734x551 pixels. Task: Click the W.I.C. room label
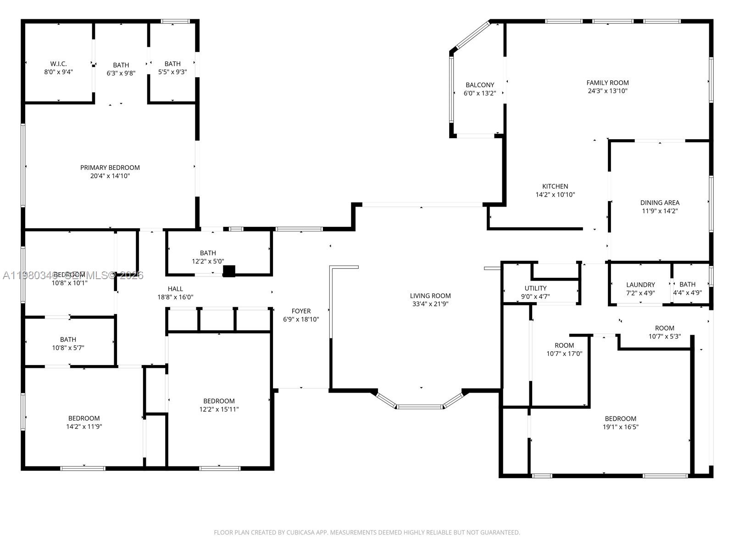(x=58, y=64)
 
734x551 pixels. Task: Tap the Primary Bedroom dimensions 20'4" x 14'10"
(x=110, y=176)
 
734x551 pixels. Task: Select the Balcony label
(x=480, y=85)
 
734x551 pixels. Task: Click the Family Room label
(x=607, y=83)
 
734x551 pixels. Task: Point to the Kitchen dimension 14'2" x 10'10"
(x=555, y=194)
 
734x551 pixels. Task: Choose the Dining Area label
(x=660, y=202)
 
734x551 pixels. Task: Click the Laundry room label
(x=640, y=285)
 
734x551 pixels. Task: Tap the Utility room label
(x=535, y=288)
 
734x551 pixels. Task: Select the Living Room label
(x=430, y=296)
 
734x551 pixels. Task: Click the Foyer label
(x=301, y=311)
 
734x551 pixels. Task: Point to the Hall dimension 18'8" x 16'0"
(x=175, y=297)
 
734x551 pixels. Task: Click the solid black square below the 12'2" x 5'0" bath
(x=229, y=271)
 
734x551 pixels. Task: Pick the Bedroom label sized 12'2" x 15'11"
(x=219, y=401)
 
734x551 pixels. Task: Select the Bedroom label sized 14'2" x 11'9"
(x=84, y=418)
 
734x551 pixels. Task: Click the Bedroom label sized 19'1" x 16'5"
(x=620, y=418)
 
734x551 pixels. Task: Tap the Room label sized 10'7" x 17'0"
(x=564, y=345)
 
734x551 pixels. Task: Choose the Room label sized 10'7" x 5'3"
(x=664, y=328)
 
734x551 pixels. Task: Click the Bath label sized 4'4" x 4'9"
(x=687, y=284)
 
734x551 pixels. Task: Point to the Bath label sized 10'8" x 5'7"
(x=68, y=339)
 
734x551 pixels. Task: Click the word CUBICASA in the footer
(x=300, y=533)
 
